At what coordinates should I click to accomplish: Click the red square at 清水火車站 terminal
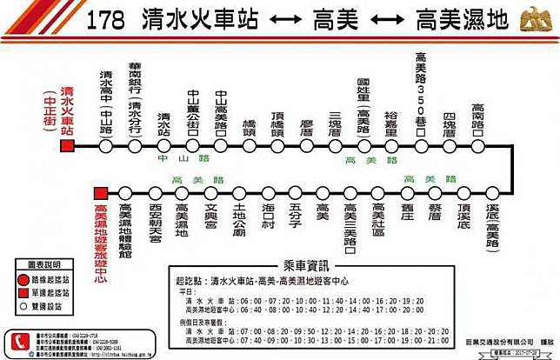coord(67,146)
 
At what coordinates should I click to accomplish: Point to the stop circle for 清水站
coord(163,146)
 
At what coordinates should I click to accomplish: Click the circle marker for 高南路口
coord(477,146)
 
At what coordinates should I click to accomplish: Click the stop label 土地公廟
coord(239,223)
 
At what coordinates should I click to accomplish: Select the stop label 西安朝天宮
coord(154,224)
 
